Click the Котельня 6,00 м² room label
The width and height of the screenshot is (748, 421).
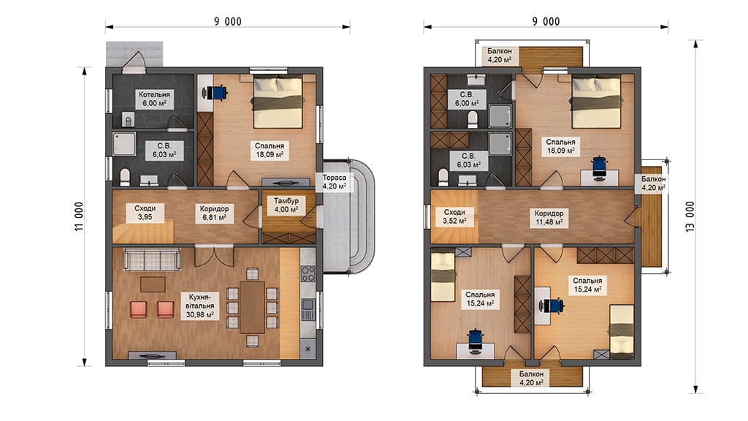(x=154, y=99)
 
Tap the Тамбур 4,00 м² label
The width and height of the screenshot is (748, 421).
(x=286, y=205)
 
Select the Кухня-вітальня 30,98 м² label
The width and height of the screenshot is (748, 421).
(x=200, y=306)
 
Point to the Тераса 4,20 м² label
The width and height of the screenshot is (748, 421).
(x=334, y=182)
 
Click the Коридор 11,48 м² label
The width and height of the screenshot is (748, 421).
(x=549, y=218)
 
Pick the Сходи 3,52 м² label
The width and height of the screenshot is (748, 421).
(x=454, y=216)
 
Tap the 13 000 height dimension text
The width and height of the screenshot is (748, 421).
(x=690, y=216)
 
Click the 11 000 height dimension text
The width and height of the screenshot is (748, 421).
(x=79, y=216)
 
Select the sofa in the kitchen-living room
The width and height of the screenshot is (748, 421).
(x=152, y=259)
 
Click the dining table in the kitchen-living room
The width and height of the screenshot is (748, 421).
(x=252, y=307)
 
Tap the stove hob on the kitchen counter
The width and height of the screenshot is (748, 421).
(x=308, y=274)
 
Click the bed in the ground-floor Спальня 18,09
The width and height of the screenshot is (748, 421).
(x=278, y=102)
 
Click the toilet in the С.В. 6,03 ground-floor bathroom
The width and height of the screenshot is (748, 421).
(x=125, y=177)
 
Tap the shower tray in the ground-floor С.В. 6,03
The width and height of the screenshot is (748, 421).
(x=124, y=144)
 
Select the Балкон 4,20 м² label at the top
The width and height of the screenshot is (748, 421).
(x=500, y=56)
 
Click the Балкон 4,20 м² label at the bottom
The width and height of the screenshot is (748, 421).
(x=532, y=379)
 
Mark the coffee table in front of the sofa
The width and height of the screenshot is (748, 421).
(x=153, y=284)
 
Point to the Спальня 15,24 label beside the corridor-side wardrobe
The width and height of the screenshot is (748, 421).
(x=587, y=285)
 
